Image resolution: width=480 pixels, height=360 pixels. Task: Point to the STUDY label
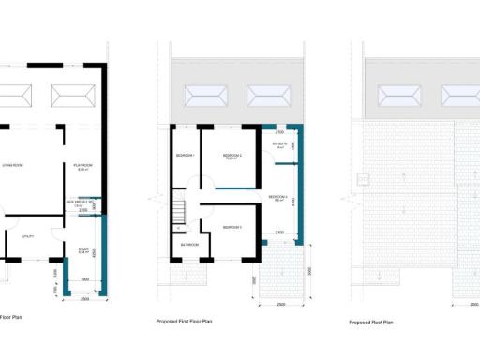click(x=82, y=247)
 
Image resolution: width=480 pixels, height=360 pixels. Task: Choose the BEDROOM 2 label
click(x=232, y=155)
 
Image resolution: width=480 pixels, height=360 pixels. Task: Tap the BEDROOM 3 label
click(x=232, y=227)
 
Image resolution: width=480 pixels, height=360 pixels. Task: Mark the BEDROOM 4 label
click(x=277, y=197)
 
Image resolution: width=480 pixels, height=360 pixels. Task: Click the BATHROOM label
click(x=188, y=246)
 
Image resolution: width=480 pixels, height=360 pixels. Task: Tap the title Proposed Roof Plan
click(x=371, y=322)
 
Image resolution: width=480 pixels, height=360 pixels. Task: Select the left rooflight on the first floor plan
click(x=203, y=96)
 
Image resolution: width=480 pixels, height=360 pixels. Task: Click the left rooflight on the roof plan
click(x=398, y=96)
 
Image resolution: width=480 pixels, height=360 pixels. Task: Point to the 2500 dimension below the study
click(x=83, y=298)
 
